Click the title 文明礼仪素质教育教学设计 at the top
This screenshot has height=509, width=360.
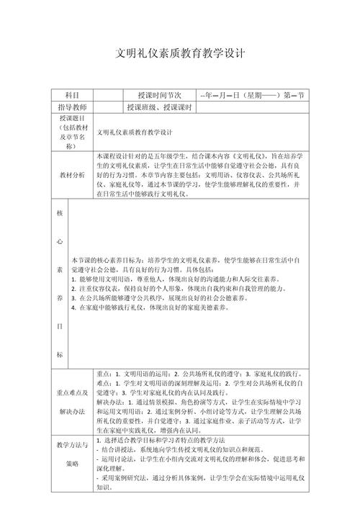click(181, 54)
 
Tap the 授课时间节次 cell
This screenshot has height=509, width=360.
click(158, 95)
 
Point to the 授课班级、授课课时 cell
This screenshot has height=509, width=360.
click(158, 107)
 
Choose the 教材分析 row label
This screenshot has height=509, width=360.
click(72, 175)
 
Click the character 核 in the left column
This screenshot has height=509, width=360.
click(60, 214)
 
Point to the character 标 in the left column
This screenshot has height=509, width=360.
click(60, 355)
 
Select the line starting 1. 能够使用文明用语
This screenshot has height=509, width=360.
click(177, 279)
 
